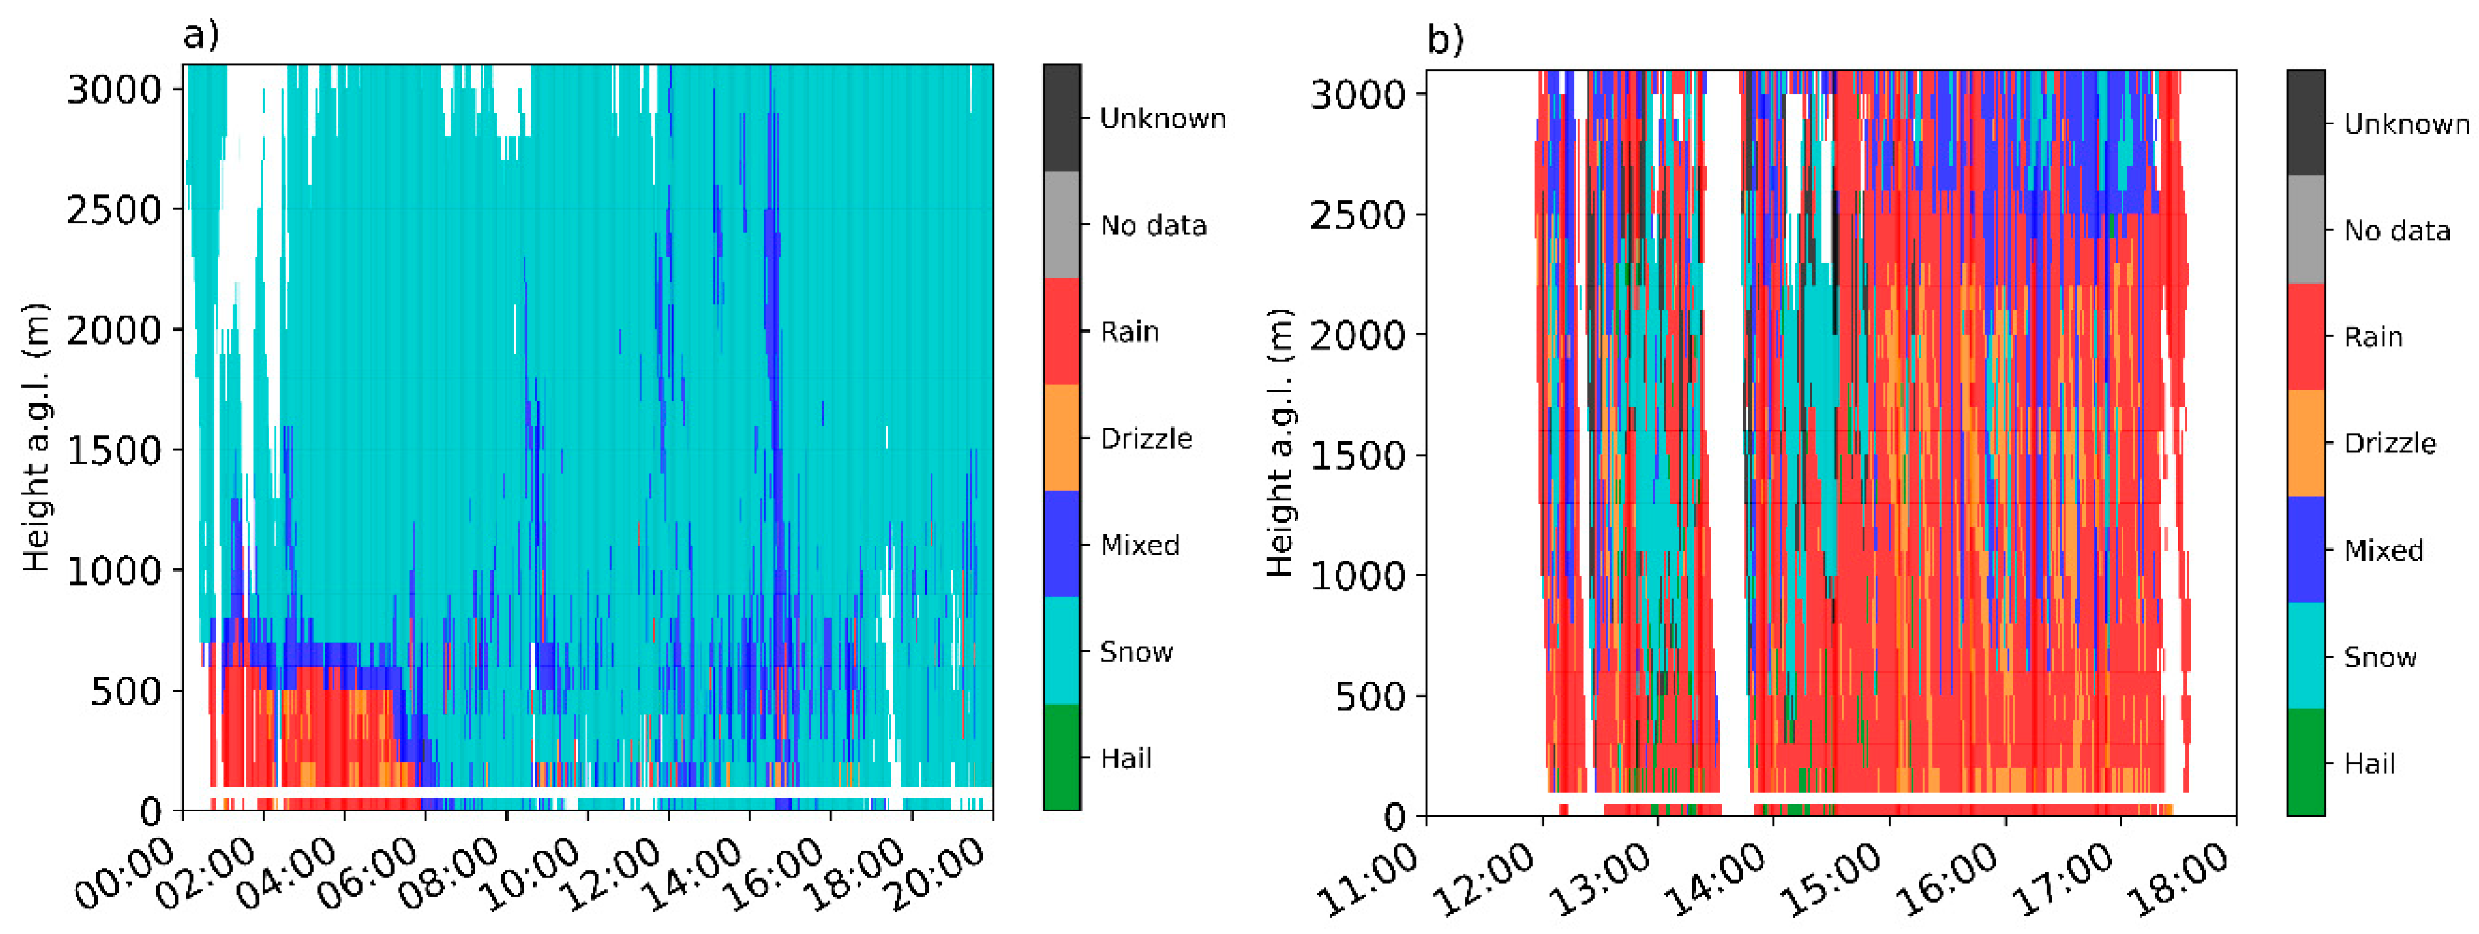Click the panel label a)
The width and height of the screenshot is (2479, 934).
click(201, 36)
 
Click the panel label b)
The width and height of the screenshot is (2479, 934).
click(1444, 40)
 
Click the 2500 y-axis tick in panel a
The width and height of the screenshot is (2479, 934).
click(113, 210)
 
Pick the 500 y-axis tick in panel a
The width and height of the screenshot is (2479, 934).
click(126, 692)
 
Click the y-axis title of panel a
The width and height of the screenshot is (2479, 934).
click(36, 438)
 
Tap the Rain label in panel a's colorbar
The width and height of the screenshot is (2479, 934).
click(1129, 332)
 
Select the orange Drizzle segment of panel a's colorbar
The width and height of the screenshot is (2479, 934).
click(1061, 438)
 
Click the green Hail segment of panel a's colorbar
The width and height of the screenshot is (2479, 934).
click(1061, 758)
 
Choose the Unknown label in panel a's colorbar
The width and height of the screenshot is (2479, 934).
click(1162, 119)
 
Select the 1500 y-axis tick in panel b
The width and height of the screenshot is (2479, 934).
click(1358, 456)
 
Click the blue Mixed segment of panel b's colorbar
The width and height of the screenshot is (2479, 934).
click(2305, 550)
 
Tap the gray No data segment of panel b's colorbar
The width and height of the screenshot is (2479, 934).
click(2305, 229)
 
